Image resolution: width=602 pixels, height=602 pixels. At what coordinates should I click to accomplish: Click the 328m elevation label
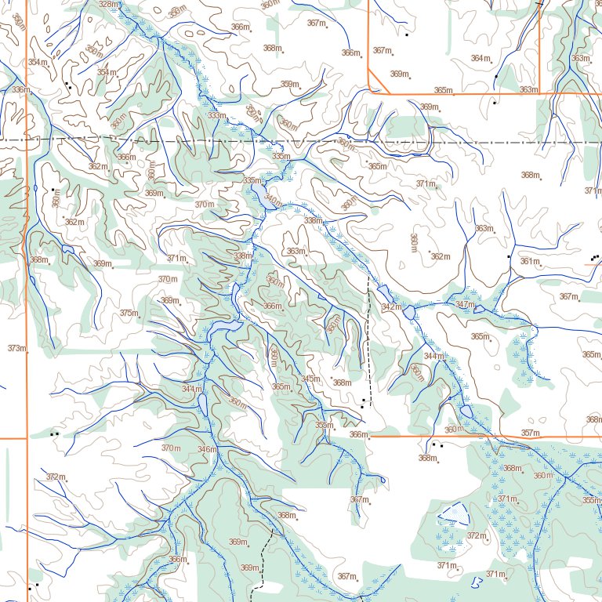point(108,5)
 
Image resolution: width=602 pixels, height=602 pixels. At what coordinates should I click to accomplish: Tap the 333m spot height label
point(216,115)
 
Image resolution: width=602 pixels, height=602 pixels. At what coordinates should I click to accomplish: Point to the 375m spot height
point(129,313)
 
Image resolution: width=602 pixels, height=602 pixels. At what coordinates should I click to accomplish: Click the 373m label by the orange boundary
point(16,348)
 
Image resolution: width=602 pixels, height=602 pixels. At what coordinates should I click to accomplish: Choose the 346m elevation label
point(207,449)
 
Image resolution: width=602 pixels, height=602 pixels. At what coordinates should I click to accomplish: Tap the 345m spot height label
point(310,379)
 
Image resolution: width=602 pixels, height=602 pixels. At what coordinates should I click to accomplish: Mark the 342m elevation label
point(390,306)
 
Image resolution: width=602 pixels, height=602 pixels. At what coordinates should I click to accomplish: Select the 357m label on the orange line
point(530,433)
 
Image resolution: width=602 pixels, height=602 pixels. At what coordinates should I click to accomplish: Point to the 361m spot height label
point(530,261)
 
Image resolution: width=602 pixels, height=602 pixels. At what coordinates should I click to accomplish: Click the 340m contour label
point(273,201)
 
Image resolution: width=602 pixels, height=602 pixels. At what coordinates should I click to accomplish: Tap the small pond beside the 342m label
point(410,313)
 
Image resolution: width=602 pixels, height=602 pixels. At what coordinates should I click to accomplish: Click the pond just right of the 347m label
point(479,309)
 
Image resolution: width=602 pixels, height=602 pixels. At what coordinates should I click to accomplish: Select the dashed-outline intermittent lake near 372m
point(454,514)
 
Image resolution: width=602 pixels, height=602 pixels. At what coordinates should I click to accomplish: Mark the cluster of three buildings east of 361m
point(595,256)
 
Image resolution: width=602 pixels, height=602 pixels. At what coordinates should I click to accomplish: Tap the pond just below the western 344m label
point(203,403)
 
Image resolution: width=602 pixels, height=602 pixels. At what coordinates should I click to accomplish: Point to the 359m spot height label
point(290,84)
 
